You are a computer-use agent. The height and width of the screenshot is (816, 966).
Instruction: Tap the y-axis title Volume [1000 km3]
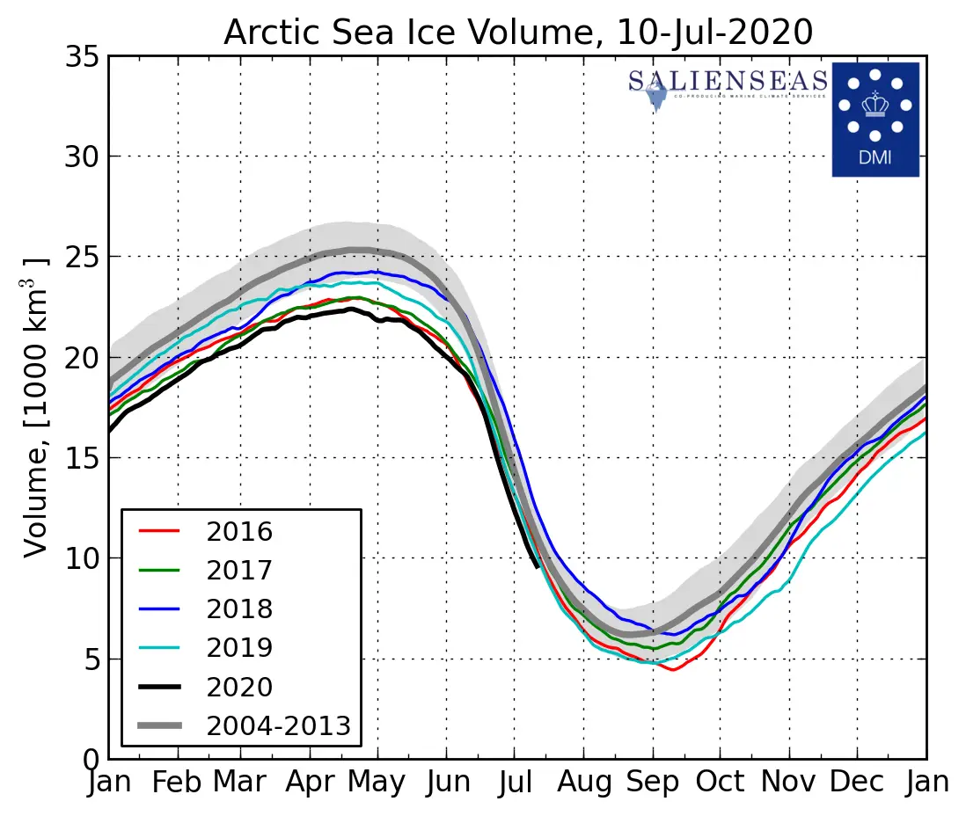point(36,407)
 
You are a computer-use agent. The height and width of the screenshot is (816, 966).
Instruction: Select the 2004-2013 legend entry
point(278,725)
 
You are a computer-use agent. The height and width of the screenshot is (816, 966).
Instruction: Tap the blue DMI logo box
point(875,119)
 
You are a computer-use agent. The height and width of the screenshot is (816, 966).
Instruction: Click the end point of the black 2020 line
point(538,566)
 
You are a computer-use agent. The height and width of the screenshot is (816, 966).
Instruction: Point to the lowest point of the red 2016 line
point(673,670)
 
